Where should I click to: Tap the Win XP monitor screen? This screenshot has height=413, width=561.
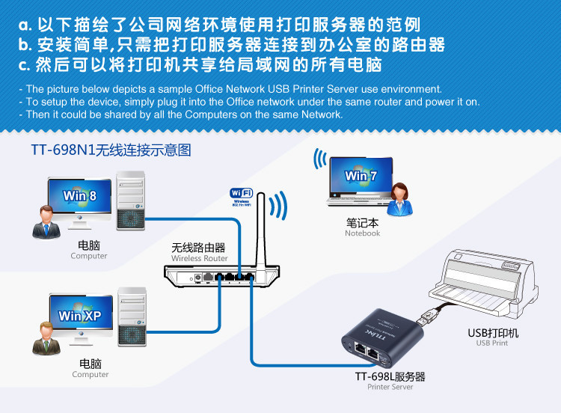[x=80, y=316]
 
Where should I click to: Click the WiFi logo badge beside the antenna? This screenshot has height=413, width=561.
[x=240, y=196]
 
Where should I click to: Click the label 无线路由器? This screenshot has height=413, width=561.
[x=198, y=248]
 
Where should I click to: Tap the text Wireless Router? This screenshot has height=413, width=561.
[x=199, y=259]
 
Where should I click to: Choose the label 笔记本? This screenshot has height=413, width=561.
[x=362, y=222]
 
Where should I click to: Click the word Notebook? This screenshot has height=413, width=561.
[x=362, y=233]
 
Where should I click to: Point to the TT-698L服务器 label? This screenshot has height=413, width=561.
[x=390, y=376]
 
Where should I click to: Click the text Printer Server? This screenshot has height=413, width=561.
[x=390, y=387]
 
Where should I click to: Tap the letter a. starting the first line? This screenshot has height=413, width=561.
[x=25, y=23]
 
